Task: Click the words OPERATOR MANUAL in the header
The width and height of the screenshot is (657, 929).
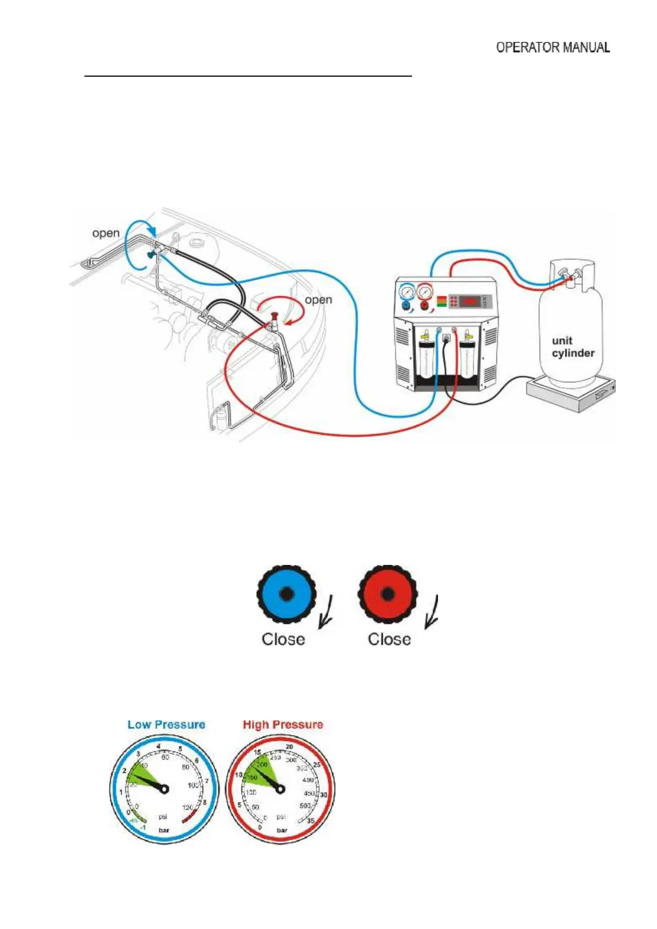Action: click(x=553, y=47)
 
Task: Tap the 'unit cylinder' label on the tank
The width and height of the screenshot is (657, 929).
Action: click(x=573, y=347)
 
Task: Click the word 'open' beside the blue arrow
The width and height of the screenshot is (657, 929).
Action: click(x=106, y=233)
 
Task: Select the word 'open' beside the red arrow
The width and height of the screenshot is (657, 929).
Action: click(x=318, y=300)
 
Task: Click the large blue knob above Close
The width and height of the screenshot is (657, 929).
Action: click(x=286, y=594)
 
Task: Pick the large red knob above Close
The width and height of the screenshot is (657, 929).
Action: click(x=387, y=594)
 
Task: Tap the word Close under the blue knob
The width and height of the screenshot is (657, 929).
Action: click(x=283, y=639)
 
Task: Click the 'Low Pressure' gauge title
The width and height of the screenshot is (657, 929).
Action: click(x=166, y=724)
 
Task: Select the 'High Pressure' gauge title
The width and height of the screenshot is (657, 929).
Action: click(x=282, y=724)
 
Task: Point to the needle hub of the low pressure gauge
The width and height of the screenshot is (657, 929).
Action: click(x=164, y=789)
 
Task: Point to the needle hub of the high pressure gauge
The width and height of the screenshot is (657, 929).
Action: click(x=280, y=789)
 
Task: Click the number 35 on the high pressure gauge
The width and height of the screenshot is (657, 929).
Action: click(x=310, y=821)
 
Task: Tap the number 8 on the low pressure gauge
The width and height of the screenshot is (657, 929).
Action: click(x=205, y=803)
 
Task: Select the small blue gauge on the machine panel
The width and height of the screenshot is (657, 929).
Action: click(x=407, y=291)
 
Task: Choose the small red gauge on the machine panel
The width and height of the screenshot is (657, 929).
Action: click(x=425, y=291)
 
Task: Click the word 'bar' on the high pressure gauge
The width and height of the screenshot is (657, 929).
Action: click(x=282, y=830)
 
